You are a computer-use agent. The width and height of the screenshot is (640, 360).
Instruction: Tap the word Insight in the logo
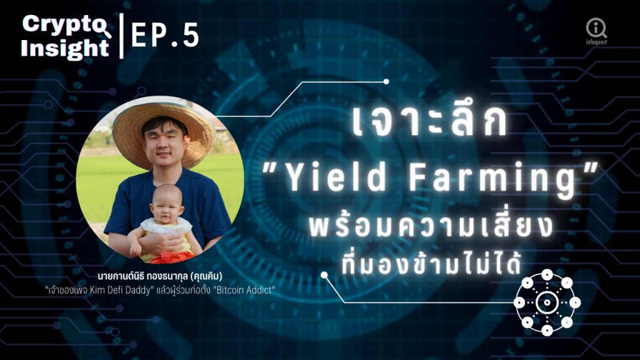point(65,48)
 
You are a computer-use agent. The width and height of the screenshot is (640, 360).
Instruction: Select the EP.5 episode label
point(165,35)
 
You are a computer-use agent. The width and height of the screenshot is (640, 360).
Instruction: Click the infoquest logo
point(596,31)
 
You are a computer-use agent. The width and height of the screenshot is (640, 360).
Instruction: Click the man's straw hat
point(163,130)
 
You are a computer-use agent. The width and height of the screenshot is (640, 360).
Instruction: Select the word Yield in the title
point(335,177)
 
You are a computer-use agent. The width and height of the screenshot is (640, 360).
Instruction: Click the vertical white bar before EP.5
point(122,36)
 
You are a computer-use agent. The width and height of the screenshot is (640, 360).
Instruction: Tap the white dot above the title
point(386,82)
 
